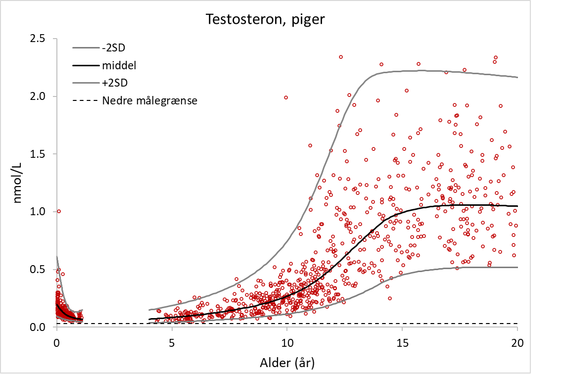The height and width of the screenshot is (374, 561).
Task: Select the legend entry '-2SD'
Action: [114, 48]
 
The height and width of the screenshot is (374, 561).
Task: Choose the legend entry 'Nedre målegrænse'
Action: [150, 100]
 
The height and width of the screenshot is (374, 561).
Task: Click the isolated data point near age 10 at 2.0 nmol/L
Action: [286, 97]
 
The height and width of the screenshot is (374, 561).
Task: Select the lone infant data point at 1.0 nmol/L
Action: [59, 211]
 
